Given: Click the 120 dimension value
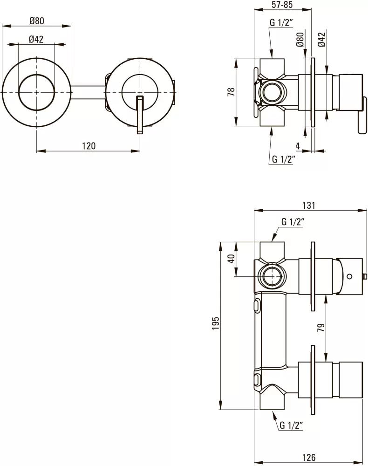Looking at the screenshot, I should tap(89, 145).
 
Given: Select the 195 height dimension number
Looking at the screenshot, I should tap(215, 326).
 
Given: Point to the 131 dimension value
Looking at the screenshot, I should tap(309, 205).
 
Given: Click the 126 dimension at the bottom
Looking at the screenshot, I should tap(309, 458).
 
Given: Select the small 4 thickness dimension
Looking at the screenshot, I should tap(298, 145).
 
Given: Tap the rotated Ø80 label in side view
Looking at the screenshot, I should tap(300, 40).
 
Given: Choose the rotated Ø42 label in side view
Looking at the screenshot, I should tap(321, 40).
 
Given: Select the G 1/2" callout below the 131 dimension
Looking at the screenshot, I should tap(293, 222).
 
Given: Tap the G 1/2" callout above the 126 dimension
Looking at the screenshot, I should tap(292, 425).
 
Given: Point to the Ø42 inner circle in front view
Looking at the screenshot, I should tap(36, 92).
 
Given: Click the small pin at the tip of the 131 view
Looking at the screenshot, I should tap(365, 277).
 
